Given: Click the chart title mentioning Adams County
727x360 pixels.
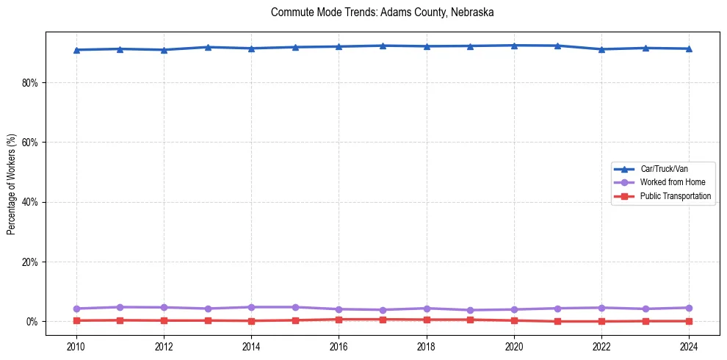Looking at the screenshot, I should click(382, 12).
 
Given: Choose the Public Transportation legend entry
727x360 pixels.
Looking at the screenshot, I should click(675, 196).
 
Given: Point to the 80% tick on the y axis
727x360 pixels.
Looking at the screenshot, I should click(30, 83).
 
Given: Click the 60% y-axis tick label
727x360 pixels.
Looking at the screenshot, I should click(30, 143).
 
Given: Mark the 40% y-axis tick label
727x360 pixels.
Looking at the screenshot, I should click(30, 202).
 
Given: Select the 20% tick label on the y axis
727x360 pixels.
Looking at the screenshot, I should click(30, 262).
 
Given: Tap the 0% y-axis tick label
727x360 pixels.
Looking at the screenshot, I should click(32, 322).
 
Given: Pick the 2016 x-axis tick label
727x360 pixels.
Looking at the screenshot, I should click(339, 345).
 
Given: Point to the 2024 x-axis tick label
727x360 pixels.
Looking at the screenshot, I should click(689, 345).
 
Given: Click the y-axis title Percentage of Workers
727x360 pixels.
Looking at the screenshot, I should click(12, 184).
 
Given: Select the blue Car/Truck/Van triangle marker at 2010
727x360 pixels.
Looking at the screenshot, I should click(76, 50).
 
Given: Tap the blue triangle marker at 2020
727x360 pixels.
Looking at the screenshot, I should click(514, 46).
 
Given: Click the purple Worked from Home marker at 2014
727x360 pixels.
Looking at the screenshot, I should click(251, 307).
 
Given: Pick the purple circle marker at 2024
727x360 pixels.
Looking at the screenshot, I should click(689, 308).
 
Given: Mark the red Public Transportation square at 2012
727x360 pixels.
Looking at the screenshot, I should click(164, 320).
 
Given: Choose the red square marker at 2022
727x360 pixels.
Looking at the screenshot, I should click(601, 321).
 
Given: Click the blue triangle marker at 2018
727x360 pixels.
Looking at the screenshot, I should click(427, 46).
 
